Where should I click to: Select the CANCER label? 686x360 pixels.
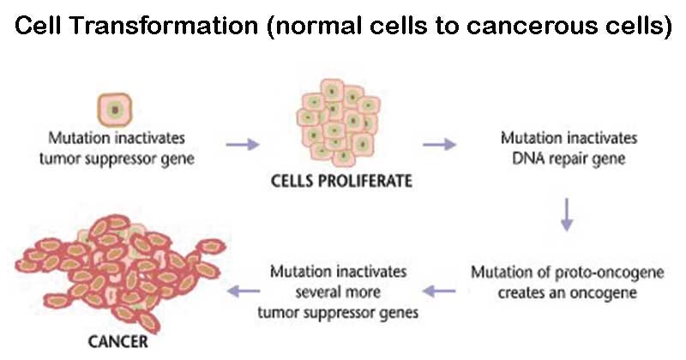click(117, 342)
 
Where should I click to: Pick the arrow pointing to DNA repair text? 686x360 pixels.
click(440, 144)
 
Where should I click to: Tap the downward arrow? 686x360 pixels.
click(567, 214)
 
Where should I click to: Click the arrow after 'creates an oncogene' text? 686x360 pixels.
click(440, 291)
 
